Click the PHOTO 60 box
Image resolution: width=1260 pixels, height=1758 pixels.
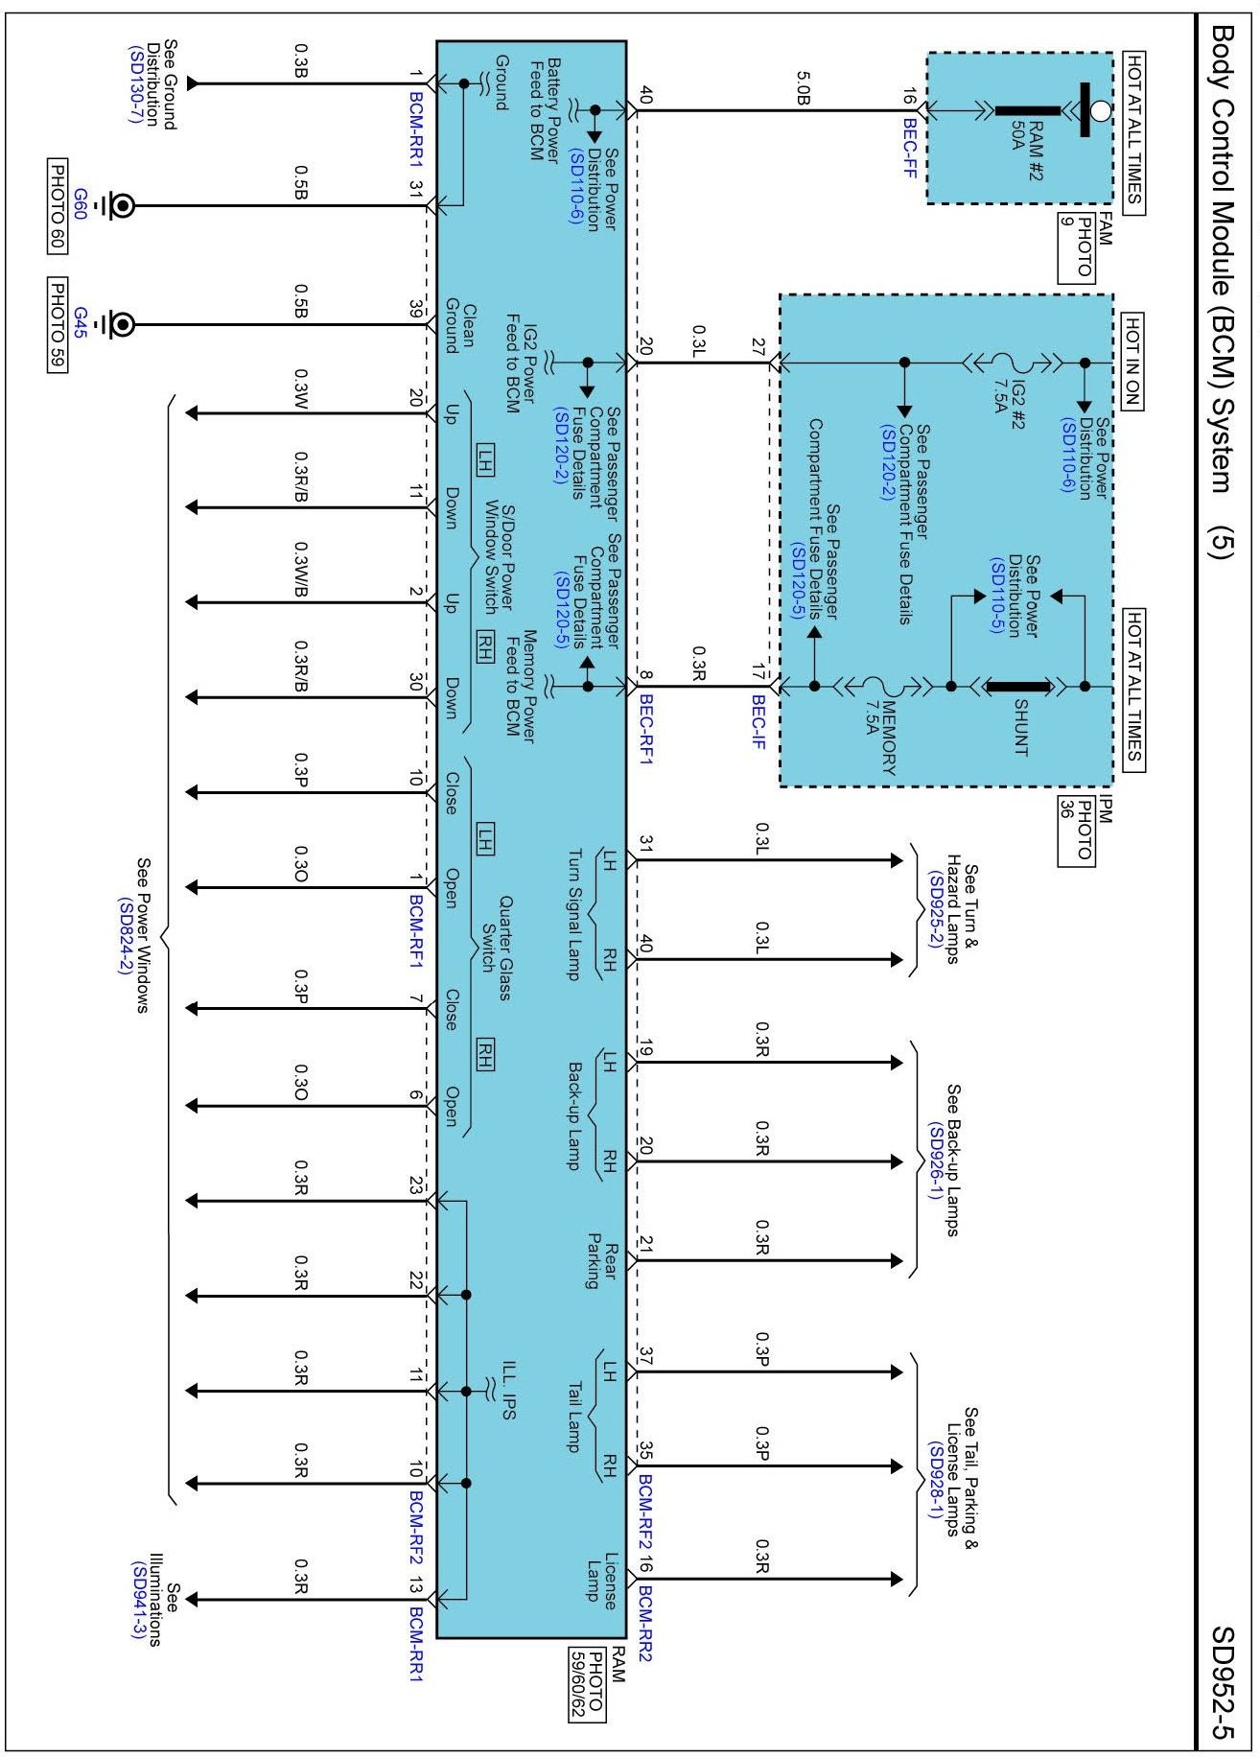pyautogui.click(x=58, y=205)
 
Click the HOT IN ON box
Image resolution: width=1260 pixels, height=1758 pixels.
pyautogui.click(x=1132, y=362)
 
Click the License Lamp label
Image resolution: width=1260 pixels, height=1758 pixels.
pyautogui.click(x=601, y=1577)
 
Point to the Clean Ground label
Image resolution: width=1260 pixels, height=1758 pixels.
pyautogui.click(x=458, y=329)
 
